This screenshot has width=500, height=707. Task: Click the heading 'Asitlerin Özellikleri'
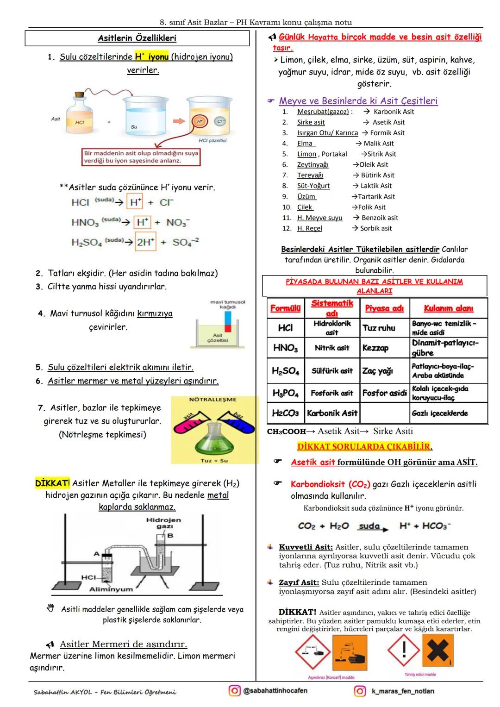click(137, 38)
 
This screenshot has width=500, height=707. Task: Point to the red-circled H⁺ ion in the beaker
click(200, 121)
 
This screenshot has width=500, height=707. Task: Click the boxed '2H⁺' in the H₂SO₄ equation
click(145, 242)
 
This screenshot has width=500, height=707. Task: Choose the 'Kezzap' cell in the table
click(375, 348)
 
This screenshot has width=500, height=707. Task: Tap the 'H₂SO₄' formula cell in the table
click(285, 371)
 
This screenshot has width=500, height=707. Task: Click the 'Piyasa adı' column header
click(384, 308)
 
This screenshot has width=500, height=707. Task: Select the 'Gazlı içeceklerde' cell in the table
click(440, 413)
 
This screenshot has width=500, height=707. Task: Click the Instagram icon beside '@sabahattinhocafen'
click(235, 690)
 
